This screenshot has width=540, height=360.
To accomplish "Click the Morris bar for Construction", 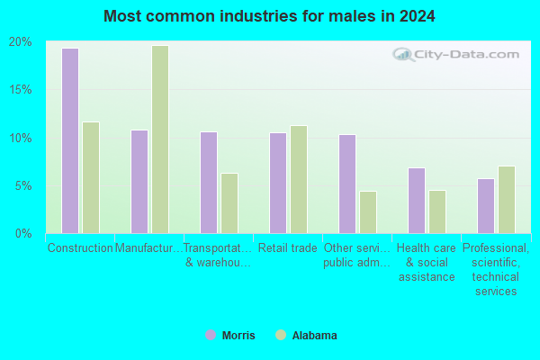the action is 70,141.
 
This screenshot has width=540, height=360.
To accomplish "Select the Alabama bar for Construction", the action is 91,178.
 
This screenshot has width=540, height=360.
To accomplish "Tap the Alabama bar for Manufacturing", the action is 160,139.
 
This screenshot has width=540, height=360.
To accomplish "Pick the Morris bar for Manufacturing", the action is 139,182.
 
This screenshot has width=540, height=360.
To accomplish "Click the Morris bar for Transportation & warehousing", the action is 209,183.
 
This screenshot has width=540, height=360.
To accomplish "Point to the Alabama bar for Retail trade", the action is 299,179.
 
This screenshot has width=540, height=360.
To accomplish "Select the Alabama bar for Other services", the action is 368,212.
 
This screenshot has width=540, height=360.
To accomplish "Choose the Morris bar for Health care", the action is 417,201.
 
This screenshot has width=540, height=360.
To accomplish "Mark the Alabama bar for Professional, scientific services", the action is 507,200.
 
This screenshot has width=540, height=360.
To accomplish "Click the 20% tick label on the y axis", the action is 21,42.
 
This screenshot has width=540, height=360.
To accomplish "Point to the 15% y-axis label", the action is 21,90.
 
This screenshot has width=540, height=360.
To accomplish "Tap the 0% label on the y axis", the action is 23,234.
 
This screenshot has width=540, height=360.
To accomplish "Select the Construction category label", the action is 80,247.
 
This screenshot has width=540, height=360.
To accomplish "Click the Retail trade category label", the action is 288,247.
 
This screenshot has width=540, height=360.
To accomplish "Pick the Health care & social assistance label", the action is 427,262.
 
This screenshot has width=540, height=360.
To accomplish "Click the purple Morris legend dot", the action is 211,335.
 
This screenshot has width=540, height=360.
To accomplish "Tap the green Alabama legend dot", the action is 281,335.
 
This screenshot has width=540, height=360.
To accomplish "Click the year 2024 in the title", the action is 417,16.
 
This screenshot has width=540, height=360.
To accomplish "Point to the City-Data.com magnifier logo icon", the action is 403,54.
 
